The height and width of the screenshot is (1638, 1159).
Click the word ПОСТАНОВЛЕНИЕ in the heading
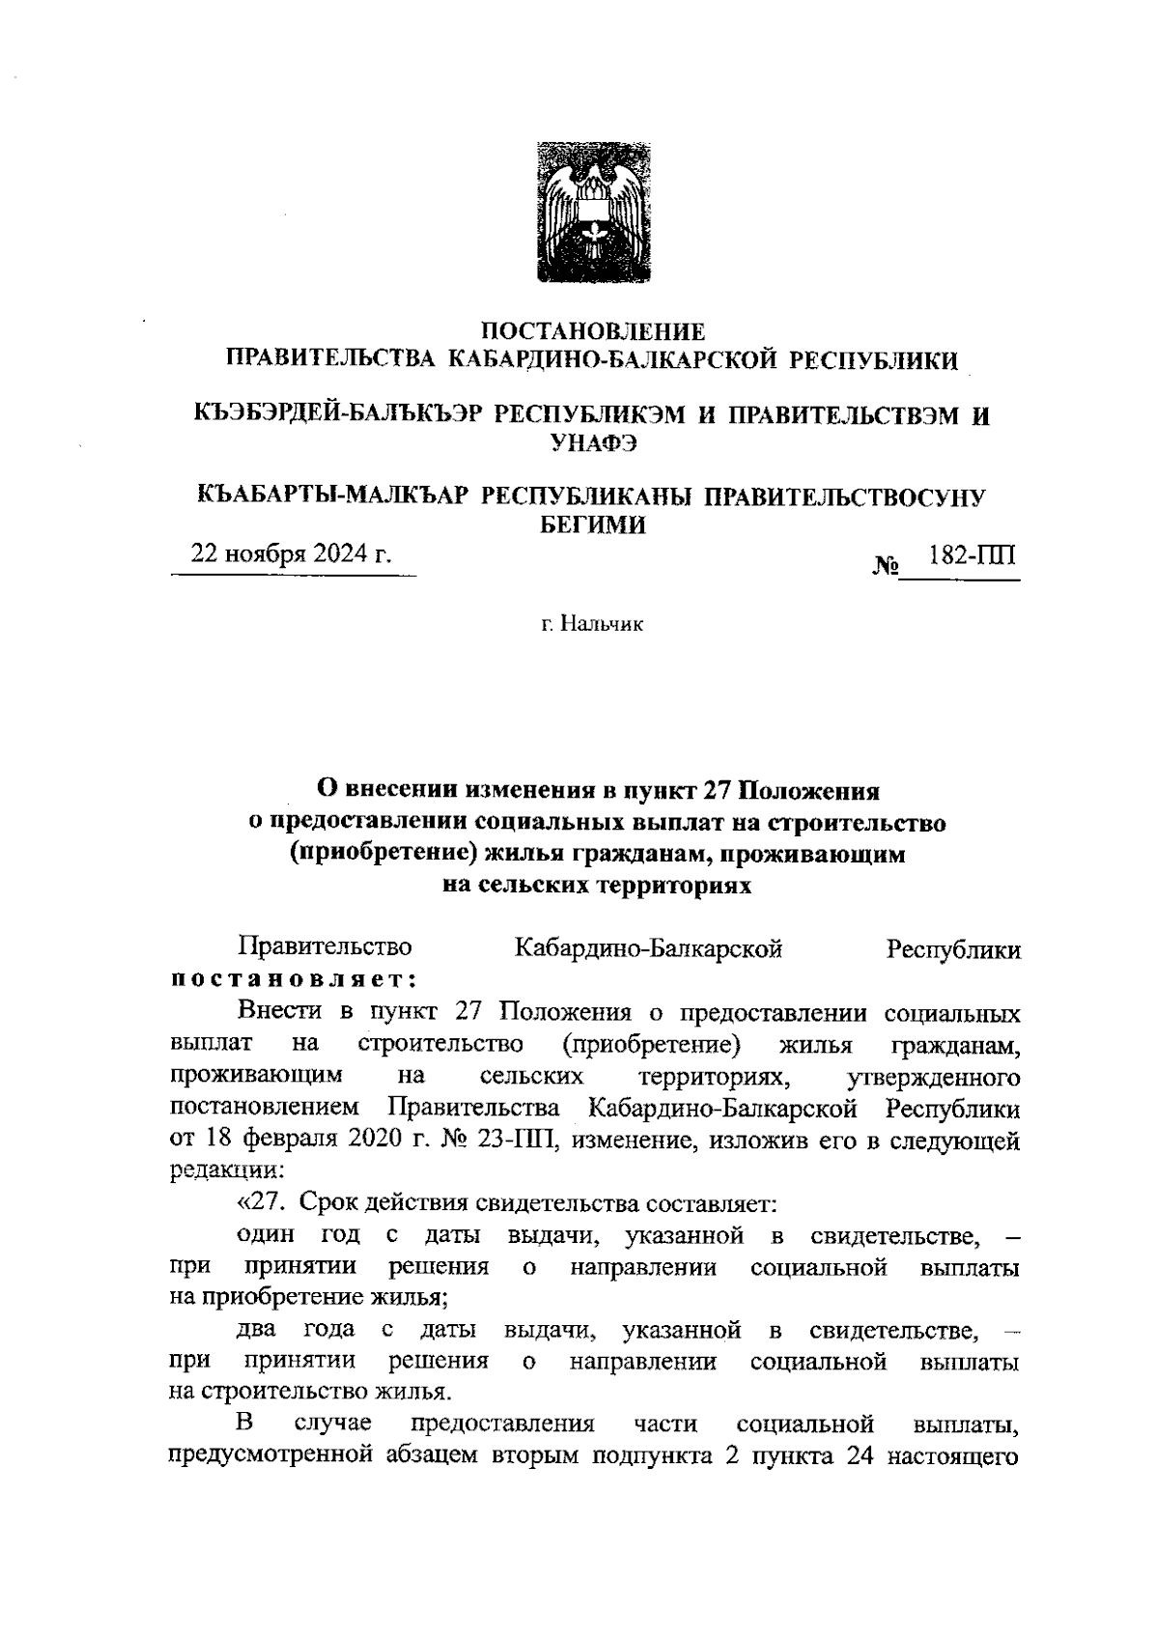pyautogui.click(x=593, y=331)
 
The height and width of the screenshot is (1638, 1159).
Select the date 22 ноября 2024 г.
pyautogui.click(x=292, y=554)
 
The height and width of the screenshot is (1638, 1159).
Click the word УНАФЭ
pyautogui.click(x=593, y=443)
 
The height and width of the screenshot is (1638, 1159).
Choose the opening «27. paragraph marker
pyautogui.click(x=262, y=1203)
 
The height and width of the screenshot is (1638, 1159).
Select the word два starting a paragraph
pyautogui.click(x=257, y=1331)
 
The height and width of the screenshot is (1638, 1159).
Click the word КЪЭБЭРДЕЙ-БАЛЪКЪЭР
pyautogui.click(x=337, y=415)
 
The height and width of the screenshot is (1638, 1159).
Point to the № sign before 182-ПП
pyautogui.click(x=885, y=565)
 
